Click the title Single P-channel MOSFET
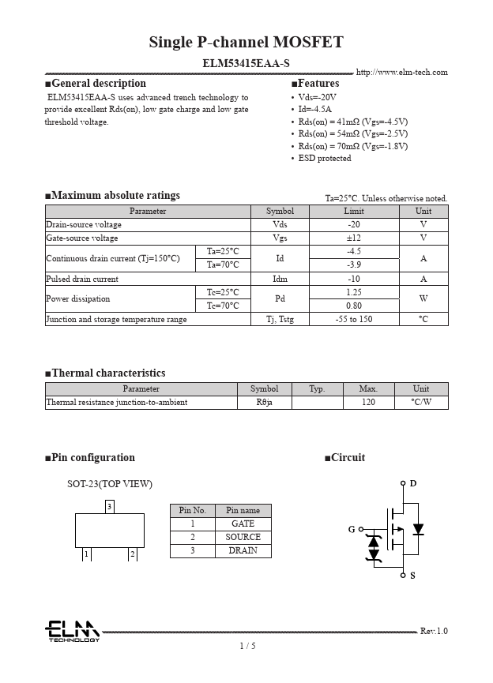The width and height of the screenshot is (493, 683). [246, 43]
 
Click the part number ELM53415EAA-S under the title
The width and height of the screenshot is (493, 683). [246, 62]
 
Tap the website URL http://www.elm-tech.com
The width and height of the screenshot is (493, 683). [401, 73]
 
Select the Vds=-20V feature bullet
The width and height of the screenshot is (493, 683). [317, 97]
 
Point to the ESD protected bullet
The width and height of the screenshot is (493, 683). [324, 158]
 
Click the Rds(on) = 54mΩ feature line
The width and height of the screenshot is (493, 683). [352, 133]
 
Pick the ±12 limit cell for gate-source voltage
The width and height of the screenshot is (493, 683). [354, 238]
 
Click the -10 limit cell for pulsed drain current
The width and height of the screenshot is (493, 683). [354, 279]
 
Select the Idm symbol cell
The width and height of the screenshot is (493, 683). [280, 279]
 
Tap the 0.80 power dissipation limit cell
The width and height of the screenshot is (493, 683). [354, 306]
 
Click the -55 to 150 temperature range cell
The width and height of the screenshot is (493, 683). [354, 319]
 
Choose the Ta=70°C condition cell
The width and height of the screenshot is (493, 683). [222, 265]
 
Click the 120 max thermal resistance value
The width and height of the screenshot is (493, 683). [367, 402]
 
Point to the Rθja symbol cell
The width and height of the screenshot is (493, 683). [264, 402]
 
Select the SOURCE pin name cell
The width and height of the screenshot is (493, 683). [243, 537]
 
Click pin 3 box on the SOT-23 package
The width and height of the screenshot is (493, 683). [110, 505]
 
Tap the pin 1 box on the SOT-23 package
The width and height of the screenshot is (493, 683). [86, 554]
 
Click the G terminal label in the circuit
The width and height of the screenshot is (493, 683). [352, 529]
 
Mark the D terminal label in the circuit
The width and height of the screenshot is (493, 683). [412, 483]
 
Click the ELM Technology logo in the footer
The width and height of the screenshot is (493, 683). [72, 630]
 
